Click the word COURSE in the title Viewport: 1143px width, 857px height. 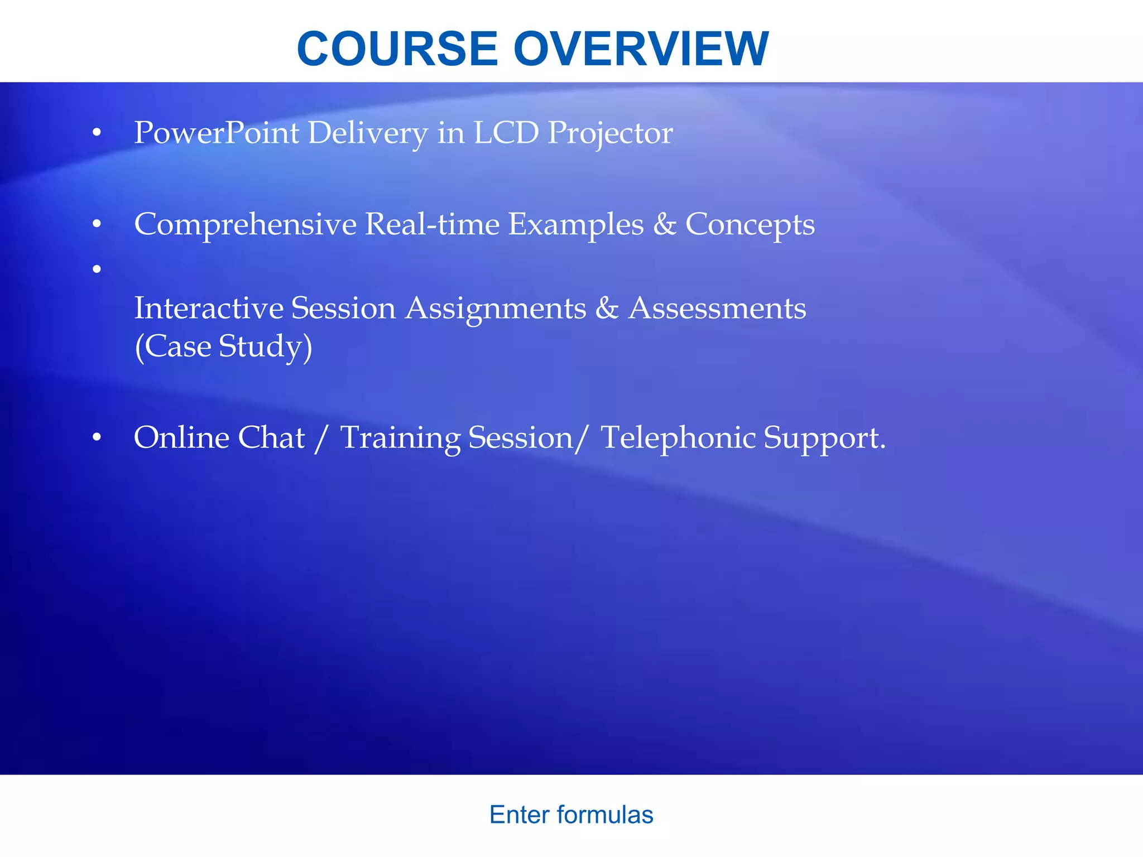pos(397,49)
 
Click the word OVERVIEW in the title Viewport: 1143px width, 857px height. pos(641,49)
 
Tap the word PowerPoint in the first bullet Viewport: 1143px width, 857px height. pos(217,133)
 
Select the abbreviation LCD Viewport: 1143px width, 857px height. pos(506,133)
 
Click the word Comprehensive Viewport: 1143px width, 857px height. pos(245,225)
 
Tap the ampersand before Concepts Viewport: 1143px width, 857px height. pos(664,224)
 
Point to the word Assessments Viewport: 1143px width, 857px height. pos(717,308)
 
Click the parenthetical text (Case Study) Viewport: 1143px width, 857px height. pos(223,346)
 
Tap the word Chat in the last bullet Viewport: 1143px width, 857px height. pos(271,437)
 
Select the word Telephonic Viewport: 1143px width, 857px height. pos(678,438)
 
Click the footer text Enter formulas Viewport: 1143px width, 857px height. pos(571,815)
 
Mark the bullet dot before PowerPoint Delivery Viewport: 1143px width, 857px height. pos(97,133)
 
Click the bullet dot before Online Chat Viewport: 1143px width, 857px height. pos(97,438)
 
